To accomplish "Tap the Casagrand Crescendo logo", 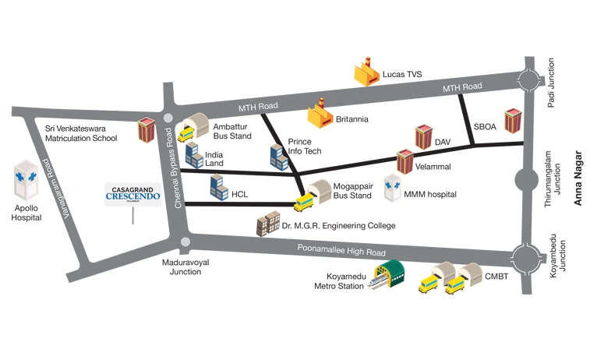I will (132, 194).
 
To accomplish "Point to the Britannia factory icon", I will (320, 115).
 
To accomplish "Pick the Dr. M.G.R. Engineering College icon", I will (267, 224).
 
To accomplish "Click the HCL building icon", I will (217, 184).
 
